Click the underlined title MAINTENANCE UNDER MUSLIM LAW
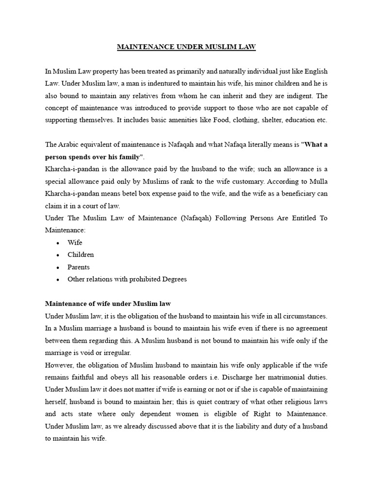(186, 47)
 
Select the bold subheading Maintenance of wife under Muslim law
(108, 304)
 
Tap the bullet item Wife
(75, 242)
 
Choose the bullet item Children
(81, 254)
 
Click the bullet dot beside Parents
(58, 267)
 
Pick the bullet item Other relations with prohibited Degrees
(127, 279)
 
